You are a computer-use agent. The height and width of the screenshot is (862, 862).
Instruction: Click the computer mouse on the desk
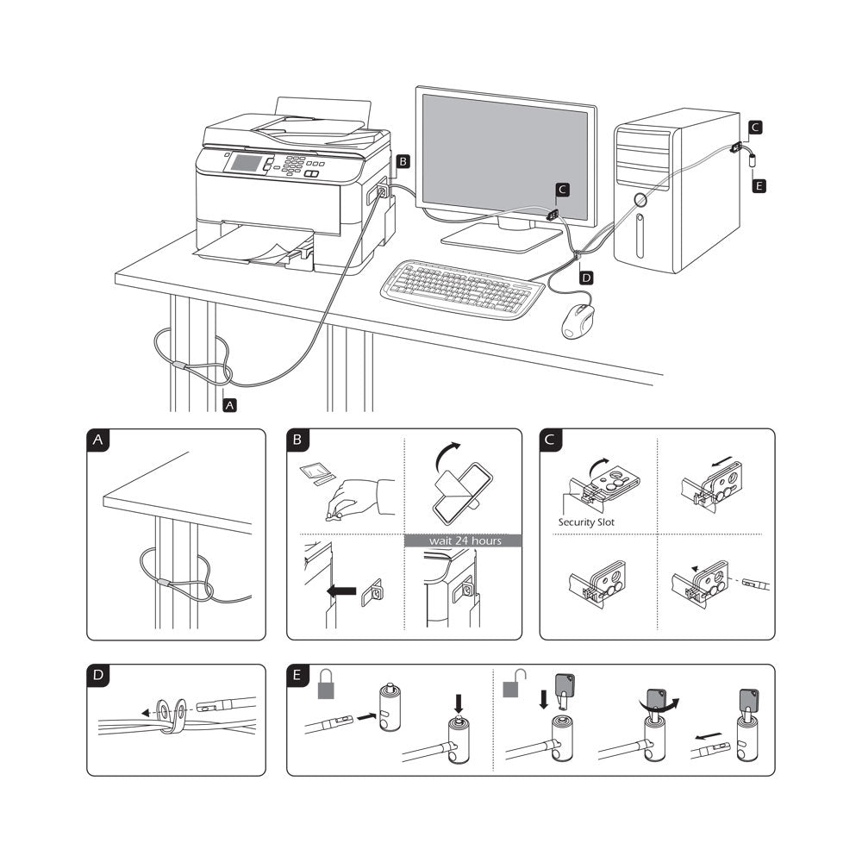pos(579,321)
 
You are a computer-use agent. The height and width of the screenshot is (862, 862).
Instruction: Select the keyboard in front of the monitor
pos(462,288)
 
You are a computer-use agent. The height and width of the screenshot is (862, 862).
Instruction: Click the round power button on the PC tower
pos(638,201)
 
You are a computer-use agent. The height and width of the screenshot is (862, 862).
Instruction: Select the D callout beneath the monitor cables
pos(586,278)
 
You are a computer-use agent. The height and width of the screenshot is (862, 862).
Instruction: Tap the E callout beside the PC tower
pos(759,185)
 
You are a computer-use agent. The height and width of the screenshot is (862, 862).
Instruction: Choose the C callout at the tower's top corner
pos(754,128)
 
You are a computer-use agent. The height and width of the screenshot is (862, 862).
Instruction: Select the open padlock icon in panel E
pos(512,684)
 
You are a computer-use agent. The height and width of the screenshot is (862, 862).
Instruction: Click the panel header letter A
pos(101,440)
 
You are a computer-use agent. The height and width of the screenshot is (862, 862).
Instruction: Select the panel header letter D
pos(101,676)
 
